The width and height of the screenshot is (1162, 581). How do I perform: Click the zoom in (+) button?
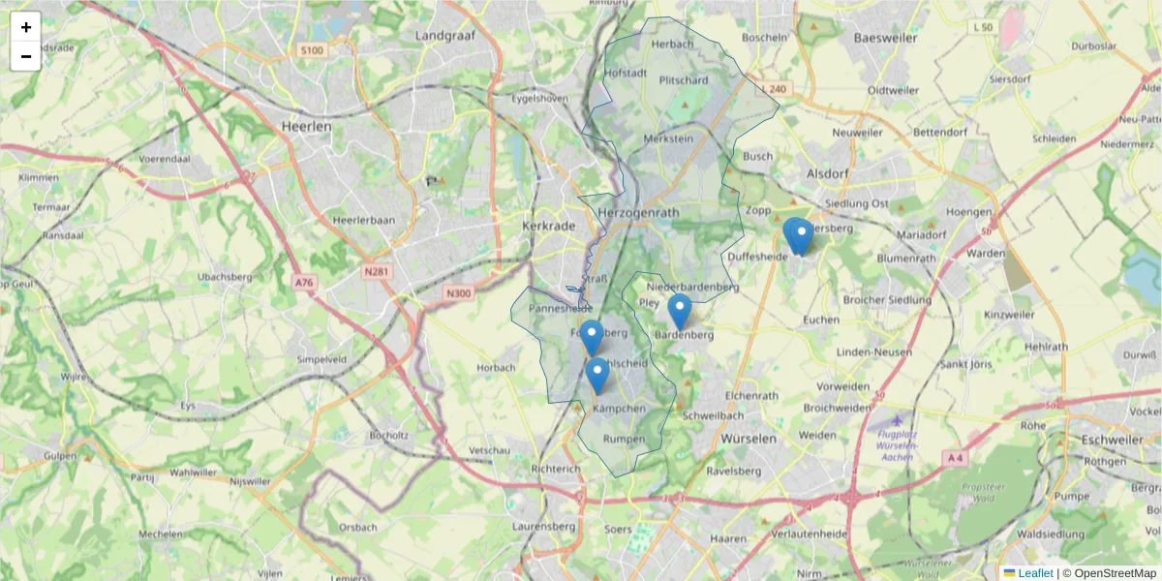[26, 27]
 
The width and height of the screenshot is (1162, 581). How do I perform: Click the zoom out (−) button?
[26, 56]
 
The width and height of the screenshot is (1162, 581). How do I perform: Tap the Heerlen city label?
[306, 126]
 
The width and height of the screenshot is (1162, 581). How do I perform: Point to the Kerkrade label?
[549, 225]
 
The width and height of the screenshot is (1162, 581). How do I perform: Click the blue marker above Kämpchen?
[597, 374]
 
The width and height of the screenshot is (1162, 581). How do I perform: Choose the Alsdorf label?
[827, 174]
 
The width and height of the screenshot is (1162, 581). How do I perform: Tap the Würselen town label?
[749, 439]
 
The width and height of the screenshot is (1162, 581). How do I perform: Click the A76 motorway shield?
[304, 283]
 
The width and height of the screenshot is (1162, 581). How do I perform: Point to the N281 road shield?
[377, 271]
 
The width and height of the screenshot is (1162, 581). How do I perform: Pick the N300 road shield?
[459, 293]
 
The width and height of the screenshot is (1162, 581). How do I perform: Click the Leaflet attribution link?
[1034, 573]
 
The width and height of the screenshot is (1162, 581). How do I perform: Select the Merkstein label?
[668, 138]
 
